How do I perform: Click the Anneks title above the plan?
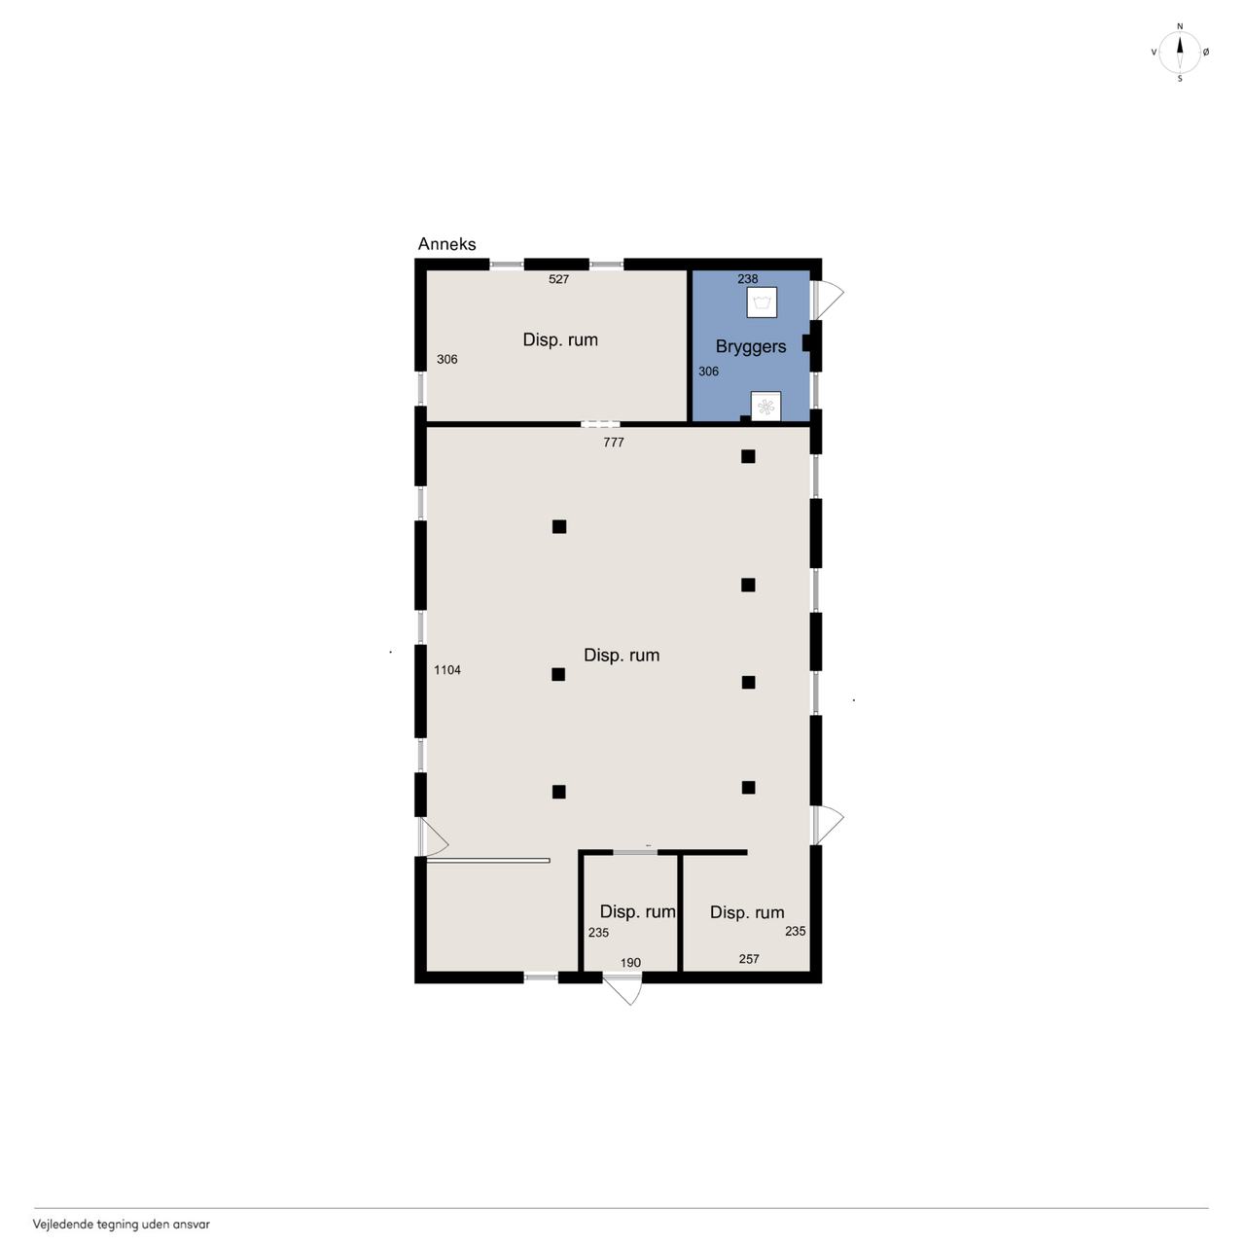tap(446, 244)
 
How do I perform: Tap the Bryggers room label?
tap(751, 347)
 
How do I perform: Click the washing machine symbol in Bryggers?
tap(762, 302)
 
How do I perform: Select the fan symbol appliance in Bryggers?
tap(765, 407)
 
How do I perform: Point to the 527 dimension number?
tap(559, 279)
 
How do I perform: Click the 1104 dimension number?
tap(447, 670)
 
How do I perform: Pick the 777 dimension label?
tap(613, 443)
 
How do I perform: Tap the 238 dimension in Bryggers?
tap(748, 279)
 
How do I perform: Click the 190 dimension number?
tap(630, 963)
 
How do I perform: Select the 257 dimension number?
tap(749, 959)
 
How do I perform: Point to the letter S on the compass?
tap(1180, 79)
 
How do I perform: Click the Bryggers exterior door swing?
tap(828, 300)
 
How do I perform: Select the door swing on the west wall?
tap(434, 837)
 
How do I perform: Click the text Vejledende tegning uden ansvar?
tap(122, 1224)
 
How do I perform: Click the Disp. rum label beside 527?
tap(560, 339)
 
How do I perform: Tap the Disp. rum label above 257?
tap(747, 912)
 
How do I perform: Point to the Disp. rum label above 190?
tap(638, 911)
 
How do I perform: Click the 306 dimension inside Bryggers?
tap(709, 372)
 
